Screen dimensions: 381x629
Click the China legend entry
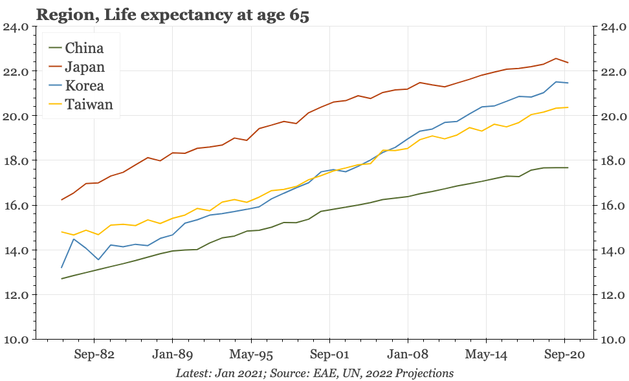point(84,48)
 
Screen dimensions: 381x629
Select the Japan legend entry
point(85,67)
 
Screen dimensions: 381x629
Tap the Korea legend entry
point(85,86)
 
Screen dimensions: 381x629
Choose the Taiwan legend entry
point(89,105)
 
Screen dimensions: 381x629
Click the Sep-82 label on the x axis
point(94,354)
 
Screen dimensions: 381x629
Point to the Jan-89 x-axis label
point(172,354)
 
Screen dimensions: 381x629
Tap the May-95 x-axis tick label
point(250,354)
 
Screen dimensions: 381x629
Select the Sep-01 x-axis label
point(329,354)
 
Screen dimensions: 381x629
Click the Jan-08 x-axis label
point(408,354)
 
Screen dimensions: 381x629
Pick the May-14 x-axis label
point(486,354)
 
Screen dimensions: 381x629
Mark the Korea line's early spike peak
point(74,239)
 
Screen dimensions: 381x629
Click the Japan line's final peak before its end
point(555,58)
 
